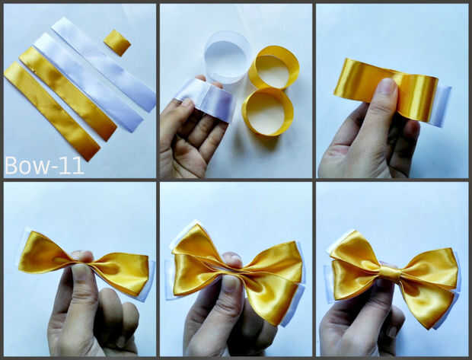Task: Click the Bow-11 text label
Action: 44,165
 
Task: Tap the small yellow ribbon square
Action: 117,43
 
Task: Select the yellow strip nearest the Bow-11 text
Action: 52,111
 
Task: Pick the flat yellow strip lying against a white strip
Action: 68,94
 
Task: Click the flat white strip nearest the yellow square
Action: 104,64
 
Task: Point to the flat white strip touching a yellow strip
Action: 88,82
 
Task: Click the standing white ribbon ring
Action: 228,61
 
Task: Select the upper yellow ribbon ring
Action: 274,67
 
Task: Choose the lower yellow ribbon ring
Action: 267,112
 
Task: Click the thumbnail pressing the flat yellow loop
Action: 387,88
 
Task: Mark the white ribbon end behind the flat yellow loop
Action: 440,106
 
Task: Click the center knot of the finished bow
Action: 391,272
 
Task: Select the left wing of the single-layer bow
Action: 46,252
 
